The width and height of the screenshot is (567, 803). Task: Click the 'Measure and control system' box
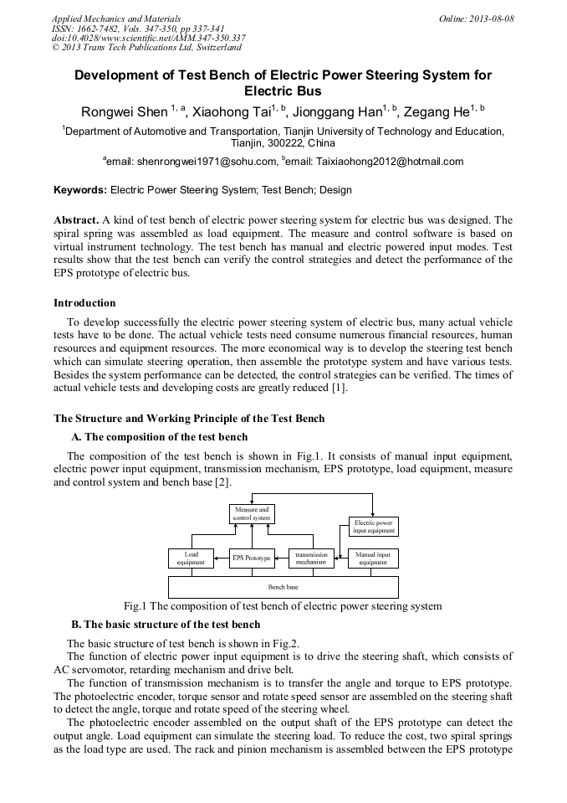coord(252,514)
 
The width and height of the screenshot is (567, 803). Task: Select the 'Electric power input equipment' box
coord(373,527)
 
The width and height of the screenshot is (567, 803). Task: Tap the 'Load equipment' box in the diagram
coord(191,558)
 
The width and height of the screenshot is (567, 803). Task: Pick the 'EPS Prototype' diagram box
coord(252,558)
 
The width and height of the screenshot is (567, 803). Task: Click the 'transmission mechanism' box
coord(310,558)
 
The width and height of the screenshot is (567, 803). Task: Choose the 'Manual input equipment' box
coord(373,558)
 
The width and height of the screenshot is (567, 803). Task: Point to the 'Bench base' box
coord(283,587)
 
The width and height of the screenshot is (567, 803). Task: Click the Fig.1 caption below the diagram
coord(283,606)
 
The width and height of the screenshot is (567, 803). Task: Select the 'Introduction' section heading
coord(84,303)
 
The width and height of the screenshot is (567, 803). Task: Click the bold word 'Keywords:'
coord(80,190)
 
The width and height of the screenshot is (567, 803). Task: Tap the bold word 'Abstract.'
coord(76,219)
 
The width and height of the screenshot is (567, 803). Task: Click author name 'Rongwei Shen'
coord(124,112)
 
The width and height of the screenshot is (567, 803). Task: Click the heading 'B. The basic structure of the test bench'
coord(166,625)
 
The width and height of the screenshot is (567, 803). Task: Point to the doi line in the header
coord(148,38)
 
